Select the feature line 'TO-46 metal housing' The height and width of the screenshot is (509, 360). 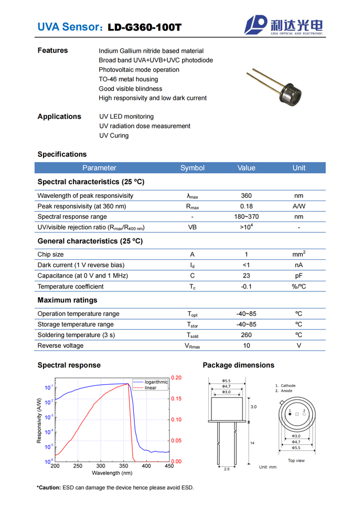pos(128,79)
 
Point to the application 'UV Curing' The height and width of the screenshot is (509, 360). pos(114,135)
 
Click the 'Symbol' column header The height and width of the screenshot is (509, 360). pos(192,168)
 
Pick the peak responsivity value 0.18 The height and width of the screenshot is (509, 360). pos(246,206)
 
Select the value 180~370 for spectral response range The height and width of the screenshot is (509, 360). pos(246,217)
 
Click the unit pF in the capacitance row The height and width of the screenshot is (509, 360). pos(299,275)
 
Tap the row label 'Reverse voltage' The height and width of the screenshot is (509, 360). pos(60,345)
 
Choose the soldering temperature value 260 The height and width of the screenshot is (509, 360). pos(246,335)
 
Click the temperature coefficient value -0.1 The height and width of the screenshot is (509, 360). pos(246,287)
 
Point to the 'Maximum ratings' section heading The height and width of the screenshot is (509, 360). pos(67,300)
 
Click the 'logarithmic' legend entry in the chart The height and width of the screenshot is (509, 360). pos(156,382)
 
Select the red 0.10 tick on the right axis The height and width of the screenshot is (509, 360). pos(177,420)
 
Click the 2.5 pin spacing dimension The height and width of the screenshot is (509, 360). pos(227,469)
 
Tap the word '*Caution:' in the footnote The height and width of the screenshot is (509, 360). pos(48,487)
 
